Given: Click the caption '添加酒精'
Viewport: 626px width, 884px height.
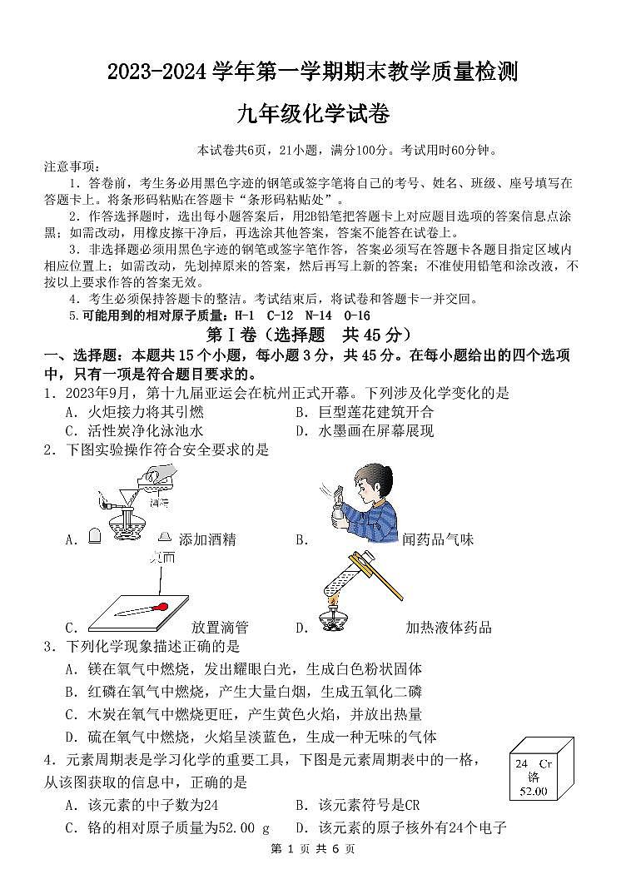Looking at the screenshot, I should [207, 539].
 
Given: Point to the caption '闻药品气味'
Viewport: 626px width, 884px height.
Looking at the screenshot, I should [438, 539].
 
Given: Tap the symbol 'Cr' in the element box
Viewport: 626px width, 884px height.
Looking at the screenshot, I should [544, 763].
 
